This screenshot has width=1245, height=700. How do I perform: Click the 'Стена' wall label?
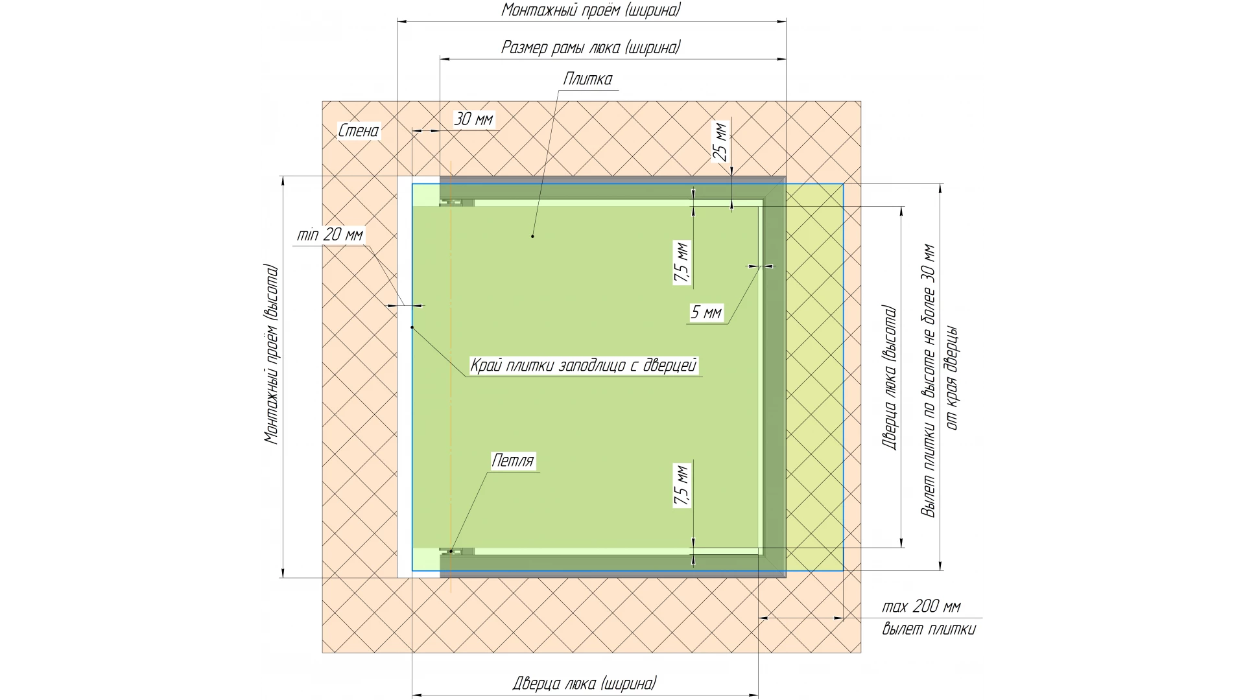pos(359,131)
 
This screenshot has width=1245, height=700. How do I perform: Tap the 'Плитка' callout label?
pos(587,79)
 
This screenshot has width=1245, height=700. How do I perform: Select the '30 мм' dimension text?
pos(473,119)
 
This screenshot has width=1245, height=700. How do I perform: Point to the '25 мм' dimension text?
pos(720,142)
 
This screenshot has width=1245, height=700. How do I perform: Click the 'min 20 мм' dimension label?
pos(330,235)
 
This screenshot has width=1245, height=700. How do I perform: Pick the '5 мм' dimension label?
pos(706,312)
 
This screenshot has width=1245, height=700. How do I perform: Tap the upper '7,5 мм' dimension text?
pos(682,262)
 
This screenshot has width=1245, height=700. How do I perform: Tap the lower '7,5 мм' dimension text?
pos(682,485)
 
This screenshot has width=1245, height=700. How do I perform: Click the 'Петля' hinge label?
pos(513,461)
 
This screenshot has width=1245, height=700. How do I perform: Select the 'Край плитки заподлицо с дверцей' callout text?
pos(584,366)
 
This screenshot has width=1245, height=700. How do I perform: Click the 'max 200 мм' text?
pos(921,607)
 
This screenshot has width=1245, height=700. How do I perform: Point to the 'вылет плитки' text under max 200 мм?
pos(929,629)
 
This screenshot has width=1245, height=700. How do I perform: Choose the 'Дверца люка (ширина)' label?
pos(584,683)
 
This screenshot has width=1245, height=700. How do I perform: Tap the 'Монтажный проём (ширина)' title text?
pos(591,10)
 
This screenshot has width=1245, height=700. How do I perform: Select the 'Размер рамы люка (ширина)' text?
pos(591,47)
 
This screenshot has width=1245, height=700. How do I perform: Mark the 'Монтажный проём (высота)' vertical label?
pos(272,354)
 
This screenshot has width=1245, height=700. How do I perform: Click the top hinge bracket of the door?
pos(456,202)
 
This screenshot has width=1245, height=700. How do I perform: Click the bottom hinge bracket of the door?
pos(456,552)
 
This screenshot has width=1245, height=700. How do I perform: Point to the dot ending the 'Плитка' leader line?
pos(532,236)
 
